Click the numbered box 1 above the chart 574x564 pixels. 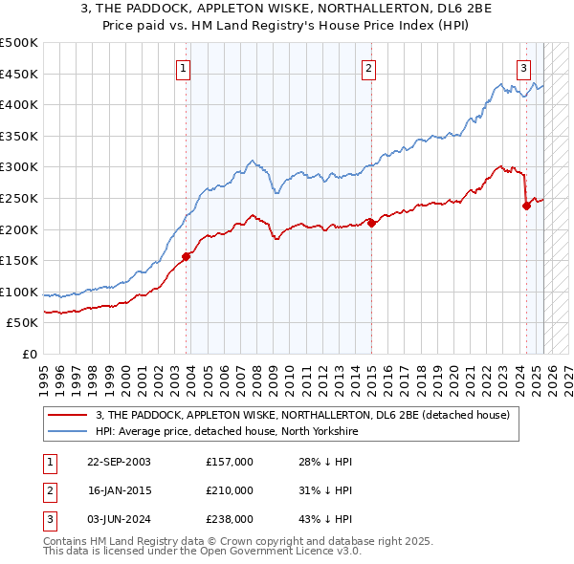coord(183,67)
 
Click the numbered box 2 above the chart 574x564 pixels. coord(368,67)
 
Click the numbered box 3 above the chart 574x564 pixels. coord(524,67)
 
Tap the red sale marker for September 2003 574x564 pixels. coord(187,255)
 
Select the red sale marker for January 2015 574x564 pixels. coord(371,223)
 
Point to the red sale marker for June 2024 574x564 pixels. coord(526,206)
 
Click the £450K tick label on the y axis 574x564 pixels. coord(19,74)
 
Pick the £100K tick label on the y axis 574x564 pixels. coord(19,292)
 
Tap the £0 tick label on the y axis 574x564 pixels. coord(29,354)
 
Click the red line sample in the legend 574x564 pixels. coord(67,415)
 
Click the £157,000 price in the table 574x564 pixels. coord(230,462)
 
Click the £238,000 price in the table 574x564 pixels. coord(230,519)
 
